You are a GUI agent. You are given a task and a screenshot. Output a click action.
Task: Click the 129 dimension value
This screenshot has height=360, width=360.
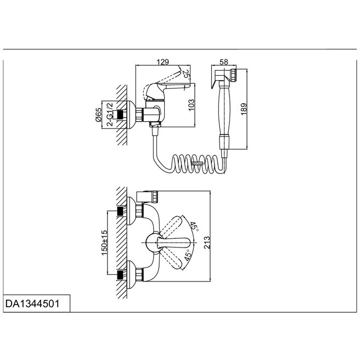(163, 62)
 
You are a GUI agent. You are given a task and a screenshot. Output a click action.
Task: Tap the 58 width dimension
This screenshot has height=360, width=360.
(224, 62)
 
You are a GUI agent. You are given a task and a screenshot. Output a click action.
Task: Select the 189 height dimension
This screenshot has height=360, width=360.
(244, 109)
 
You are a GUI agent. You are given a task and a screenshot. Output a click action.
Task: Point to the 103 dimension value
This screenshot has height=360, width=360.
(191, 105)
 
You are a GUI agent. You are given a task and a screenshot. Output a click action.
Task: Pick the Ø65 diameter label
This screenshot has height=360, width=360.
(98, 115)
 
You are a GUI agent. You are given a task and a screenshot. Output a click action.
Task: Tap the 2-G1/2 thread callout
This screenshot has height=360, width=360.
(110, 114)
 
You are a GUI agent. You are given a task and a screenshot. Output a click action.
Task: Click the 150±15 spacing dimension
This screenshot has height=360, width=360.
(104, 243)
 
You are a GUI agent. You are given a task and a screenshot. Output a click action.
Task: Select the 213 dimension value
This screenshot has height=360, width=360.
(207, 242)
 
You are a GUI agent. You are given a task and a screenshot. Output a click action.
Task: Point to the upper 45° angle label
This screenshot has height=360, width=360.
(194, 227)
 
